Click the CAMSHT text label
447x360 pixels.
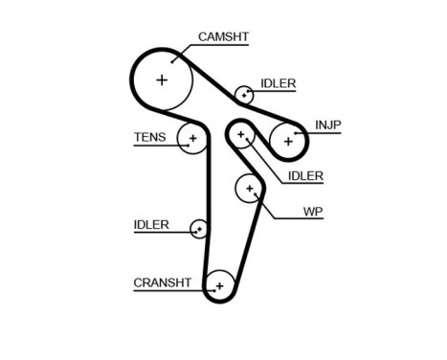[x=222, y=37]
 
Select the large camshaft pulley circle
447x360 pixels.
[x=161, y=79]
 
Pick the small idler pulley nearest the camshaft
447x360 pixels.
[x=245, y=94]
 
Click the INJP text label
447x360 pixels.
[x=327, y=124]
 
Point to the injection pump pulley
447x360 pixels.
[x=287, y=141]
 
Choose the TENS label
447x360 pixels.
[x=149, y=137]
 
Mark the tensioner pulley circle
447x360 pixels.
[x=193, y=140]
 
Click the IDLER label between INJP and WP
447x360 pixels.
[x=305, y=175]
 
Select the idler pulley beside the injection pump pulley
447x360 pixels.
[x=242, y=134]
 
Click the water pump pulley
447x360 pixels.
[x=250, y=189]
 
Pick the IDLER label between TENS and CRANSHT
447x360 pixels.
[x=151, y=225]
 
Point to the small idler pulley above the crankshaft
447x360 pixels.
[x=199, y=229]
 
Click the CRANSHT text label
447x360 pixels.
[x=163, y=282]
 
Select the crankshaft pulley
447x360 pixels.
[x=220, y=285]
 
